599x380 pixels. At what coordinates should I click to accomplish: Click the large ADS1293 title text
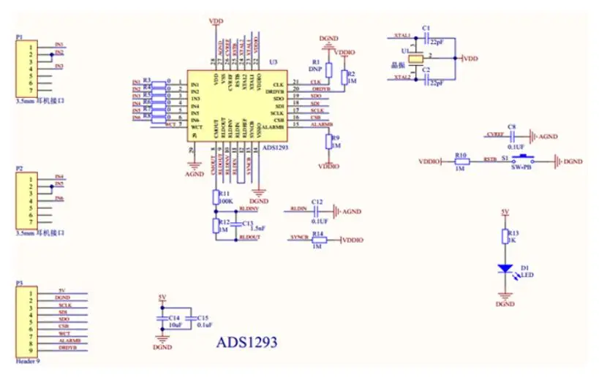pos(246,342)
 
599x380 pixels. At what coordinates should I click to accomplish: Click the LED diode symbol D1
pos(505,269)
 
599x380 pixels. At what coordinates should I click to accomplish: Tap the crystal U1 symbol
pos(415,58)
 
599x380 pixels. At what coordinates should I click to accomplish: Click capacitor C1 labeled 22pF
pos(426,36)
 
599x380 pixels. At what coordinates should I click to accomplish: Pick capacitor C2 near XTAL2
pos(426,77)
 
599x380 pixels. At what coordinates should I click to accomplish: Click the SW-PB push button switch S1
pos(523,161)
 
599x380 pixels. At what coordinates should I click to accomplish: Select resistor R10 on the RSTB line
pos(462,161)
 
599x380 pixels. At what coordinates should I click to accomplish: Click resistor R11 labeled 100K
pos(216,197)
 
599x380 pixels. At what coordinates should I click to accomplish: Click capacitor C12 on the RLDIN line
pos(316,210)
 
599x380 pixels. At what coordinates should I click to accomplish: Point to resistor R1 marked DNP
pos(328,70)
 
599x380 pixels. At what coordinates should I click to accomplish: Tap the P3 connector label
pos(19,283)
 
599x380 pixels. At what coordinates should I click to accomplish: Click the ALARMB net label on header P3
pos(69,341)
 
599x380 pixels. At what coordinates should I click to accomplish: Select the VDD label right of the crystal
pos(472,58)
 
